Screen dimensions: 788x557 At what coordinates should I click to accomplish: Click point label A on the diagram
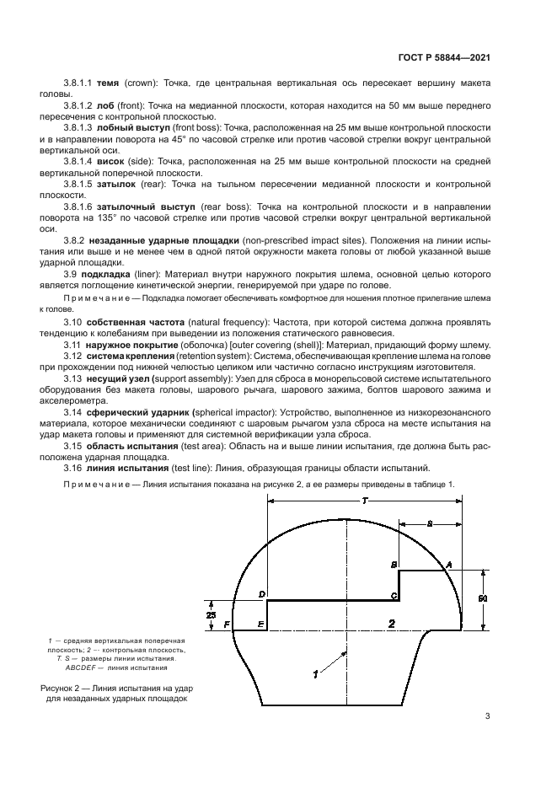coord(448,563)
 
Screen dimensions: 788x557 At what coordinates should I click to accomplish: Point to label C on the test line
coord(394,595)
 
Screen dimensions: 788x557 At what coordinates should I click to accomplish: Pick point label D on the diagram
coord(261,594)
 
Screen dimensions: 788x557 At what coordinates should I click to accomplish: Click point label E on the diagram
coord(260,624)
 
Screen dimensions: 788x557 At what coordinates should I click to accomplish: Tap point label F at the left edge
coord(227,624)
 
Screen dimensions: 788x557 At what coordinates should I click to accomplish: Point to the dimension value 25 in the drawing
coord(212,614)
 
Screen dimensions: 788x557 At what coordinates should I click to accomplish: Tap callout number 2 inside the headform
coord(391,623)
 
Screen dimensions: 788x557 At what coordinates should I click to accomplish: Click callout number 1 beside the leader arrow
coord(315,674)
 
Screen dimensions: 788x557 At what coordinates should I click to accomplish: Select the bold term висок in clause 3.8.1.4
coord(112,160)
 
